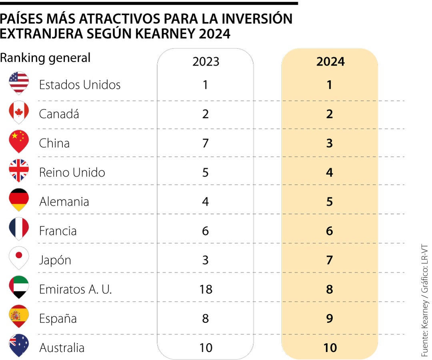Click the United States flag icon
tap(19, 83)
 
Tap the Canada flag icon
tap(19, 112)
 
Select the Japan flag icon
tap(19, 258)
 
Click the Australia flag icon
tap(19, 345)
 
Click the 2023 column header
tap(206, 62)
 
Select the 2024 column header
tap(330, 62)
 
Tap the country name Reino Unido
tap(72, 172)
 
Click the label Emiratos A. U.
tap(75, 289)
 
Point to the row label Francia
tap(58, 231)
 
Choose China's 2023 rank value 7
tap(206, 143)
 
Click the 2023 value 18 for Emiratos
tap(206, 289)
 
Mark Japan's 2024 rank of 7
tap(329, 260)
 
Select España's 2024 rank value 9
tap(329, 318)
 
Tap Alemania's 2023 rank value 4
tap(206, 202)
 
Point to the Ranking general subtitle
tap(45, 58)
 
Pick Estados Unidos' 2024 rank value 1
tap(329, 85)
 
